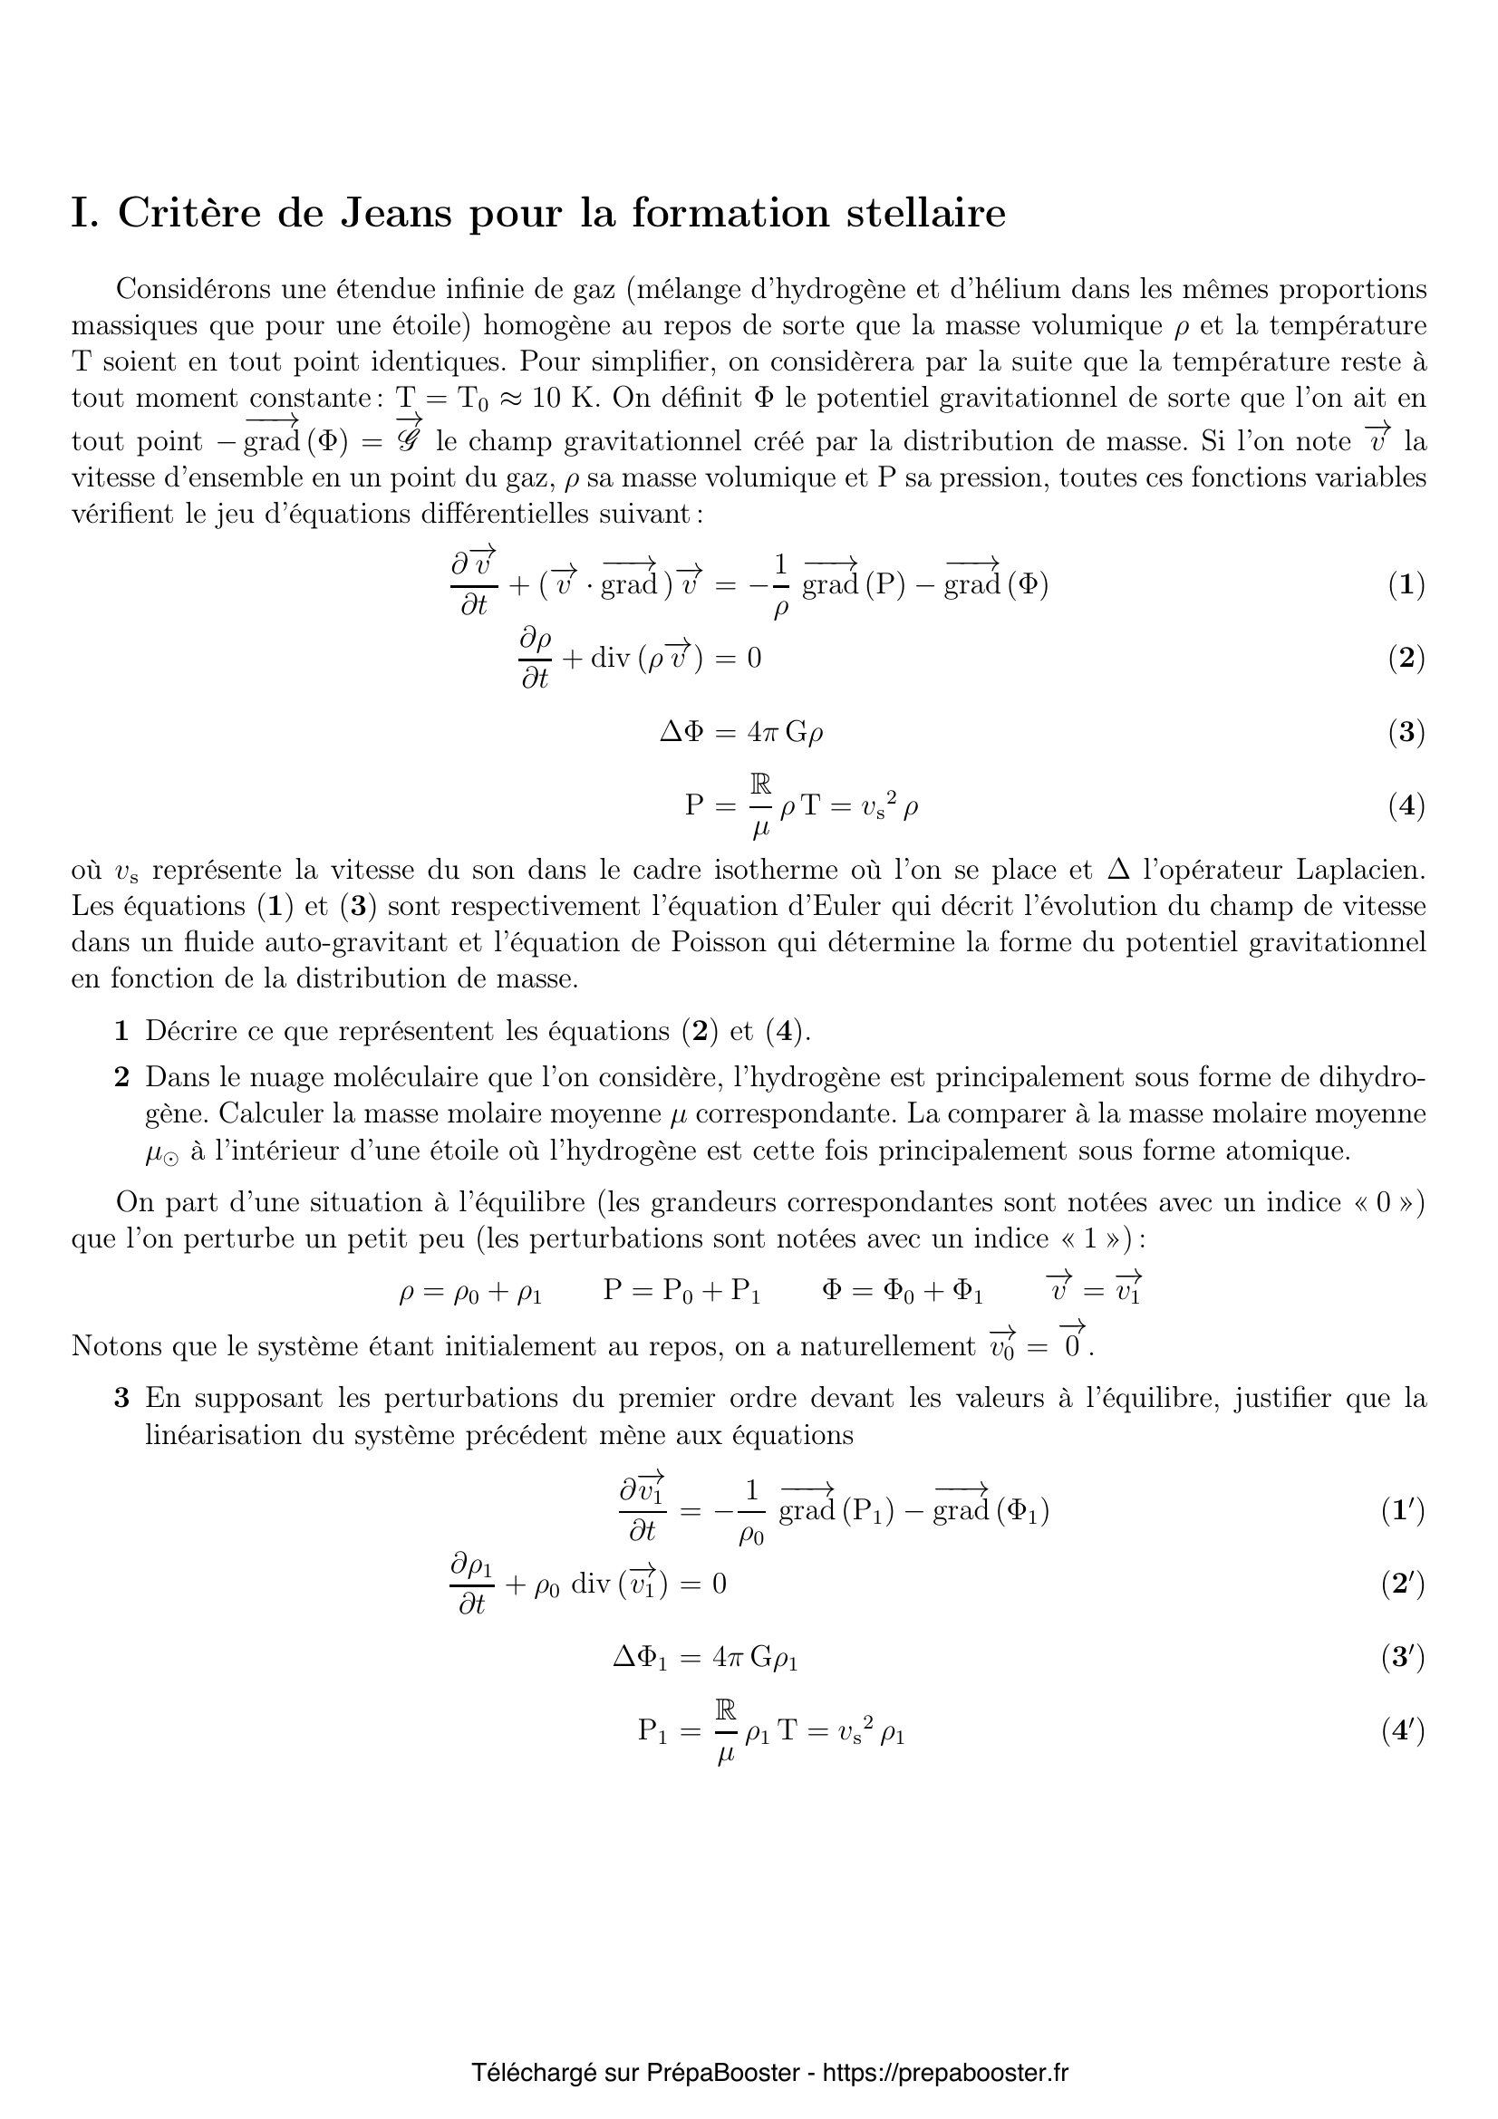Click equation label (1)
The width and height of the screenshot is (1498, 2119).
(x=1406, y=585)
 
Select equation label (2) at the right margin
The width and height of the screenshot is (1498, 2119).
(x=1406, y=658)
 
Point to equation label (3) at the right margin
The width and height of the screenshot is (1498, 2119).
(x=1406, y=732)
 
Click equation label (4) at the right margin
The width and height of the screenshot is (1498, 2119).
(x=1406, y=805)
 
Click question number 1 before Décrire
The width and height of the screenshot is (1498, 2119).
(x=121, y=1031)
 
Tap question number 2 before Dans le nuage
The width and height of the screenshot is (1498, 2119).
(x=121, y=1077)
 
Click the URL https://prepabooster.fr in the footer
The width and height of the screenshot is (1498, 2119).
(x=945, y=2073)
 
